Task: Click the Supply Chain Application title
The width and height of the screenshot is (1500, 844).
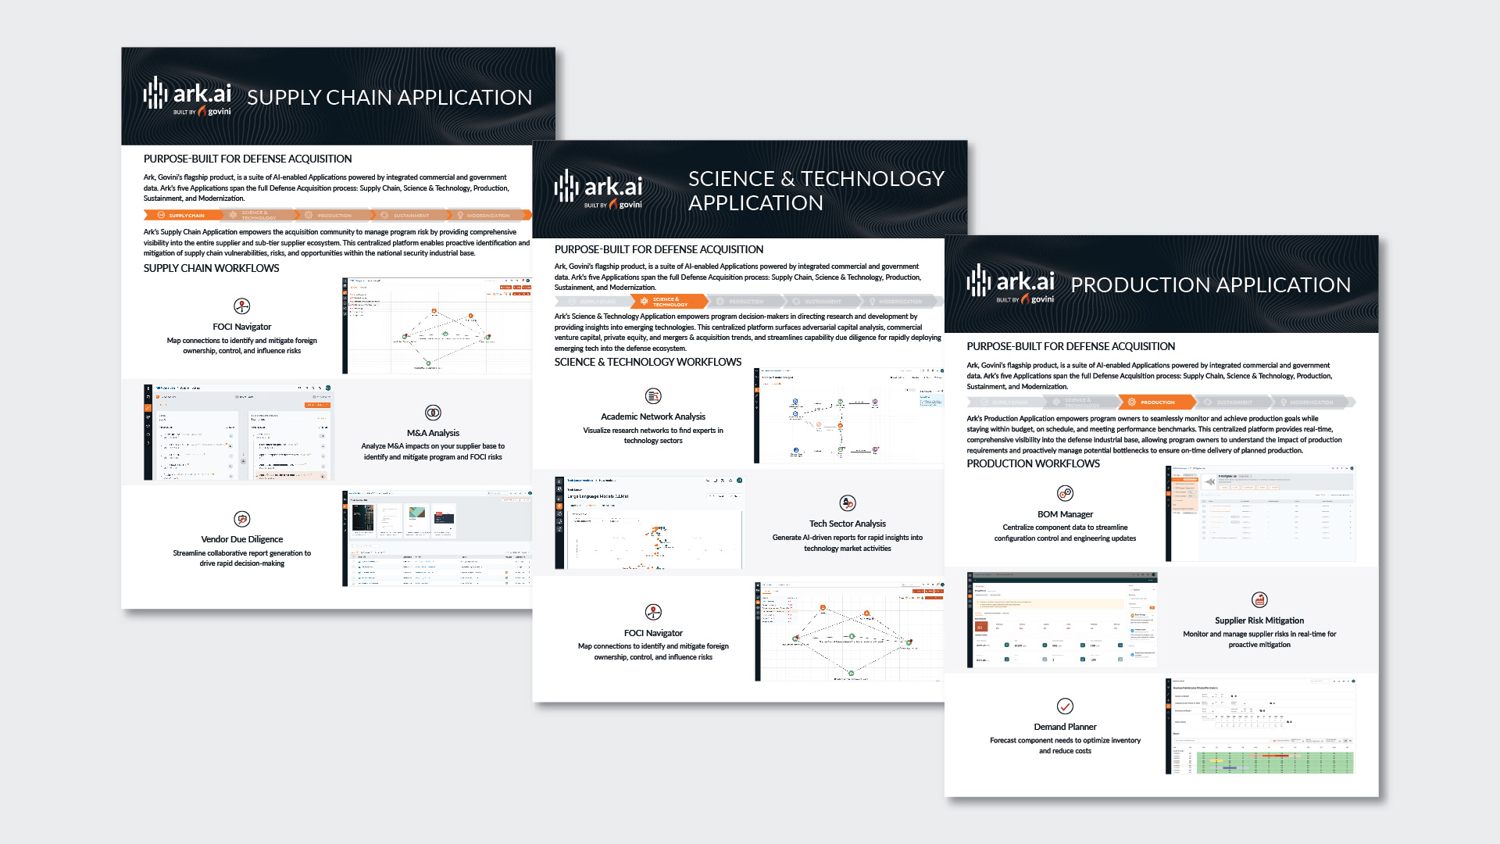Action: [389, 98]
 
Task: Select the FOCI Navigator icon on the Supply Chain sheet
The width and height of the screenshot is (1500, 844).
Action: [242, 306]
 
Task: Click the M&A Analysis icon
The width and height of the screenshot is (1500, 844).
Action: [433, 413]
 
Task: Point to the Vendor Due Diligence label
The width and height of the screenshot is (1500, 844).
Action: [242, 539]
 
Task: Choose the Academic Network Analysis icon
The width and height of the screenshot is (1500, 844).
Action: [653, 396]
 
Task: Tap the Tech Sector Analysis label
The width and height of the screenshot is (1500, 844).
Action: [848, 524]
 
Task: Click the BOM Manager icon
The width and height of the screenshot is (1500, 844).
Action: [1065, 493]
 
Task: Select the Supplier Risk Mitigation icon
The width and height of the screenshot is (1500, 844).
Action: [1259, 600]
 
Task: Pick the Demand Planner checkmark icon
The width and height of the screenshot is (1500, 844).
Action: [1065, 706]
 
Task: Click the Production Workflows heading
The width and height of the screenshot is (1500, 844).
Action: [1033, 463]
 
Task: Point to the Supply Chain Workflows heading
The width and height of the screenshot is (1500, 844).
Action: [211, 268]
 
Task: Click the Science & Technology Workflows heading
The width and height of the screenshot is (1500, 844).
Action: [648, 362]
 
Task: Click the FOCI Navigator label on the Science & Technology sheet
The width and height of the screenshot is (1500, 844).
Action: [653, 633]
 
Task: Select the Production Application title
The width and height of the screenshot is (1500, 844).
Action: [1210, 285]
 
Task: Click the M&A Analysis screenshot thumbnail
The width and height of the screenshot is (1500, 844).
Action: [238, 432]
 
